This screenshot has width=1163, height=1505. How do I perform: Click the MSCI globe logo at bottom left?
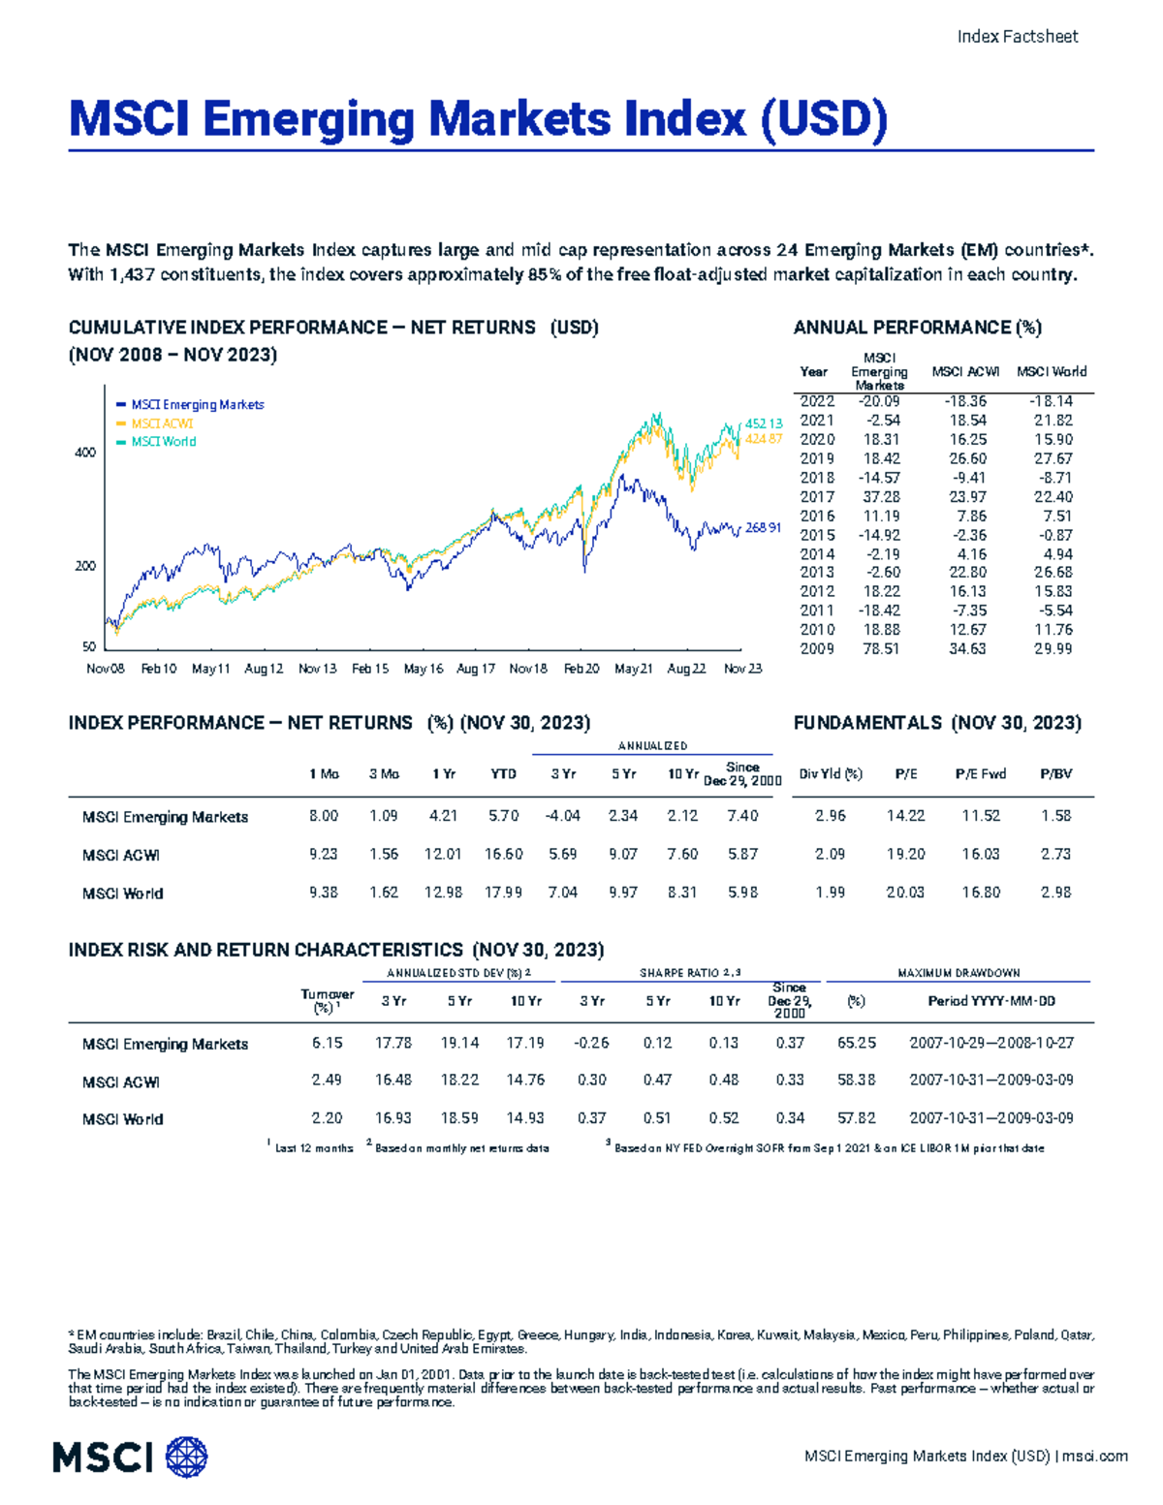tap(187, 1458)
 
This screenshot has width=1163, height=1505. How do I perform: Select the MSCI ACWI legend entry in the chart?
tap(162, 423)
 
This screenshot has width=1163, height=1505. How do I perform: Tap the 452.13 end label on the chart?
tap(763, 423)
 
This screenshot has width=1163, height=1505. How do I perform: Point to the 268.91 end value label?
tap(763, 528)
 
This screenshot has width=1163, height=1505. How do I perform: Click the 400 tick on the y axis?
tap(85, 453)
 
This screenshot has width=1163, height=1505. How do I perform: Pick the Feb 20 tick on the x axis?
tap(581, 669)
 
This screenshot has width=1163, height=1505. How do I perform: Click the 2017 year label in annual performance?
tap(816, 497)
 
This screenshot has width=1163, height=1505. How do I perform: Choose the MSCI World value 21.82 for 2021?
tap(1053, 421)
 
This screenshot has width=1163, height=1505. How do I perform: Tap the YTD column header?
tap(503, 774)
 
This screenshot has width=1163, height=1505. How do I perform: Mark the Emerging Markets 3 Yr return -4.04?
tap(562, 816)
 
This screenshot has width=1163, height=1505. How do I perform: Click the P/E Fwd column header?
tap(980, 774)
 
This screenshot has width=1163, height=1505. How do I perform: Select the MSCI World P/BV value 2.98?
tap(1055, 893)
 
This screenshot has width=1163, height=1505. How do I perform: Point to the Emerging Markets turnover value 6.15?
tap(327, 1044)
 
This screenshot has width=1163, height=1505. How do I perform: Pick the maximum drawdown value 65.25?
tap(856, 1044)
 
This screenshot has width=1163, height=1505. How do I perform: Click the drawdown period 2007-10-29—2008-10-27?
tap(990, 1044)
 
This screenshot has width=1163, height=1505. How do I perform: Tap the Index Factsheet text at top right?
tap(1017, 37)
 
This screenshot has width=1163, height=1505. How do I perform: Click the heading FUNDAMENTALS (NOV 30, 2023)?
tap(936, 723)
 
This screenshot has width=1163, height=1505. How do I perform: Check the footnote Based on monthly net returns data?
tap(461, 1148)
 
